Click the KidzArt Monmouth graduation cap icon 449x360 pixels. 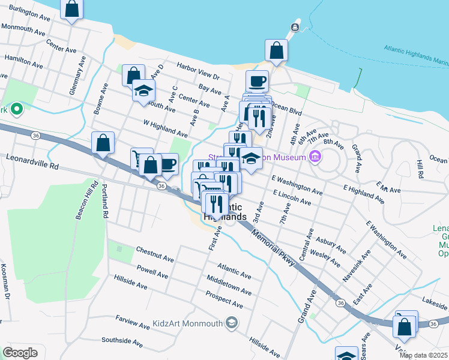tap(231, 323)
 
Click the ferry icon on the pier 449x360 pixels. tap(295, 27)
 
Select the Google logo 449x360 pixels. tap(20, 352)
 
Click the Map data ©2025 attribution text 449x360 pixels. tap(423, 355)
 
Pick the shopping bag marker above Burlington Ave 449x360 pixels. tap(71, 9)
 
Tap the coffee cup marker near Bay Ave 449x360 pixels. tap(257, 80)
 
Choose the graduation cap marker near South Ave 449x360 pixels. tap(143, 91)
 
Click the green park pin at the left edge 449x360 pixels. tap(17, 109)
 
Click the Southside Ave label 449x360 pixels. tap(122, 342)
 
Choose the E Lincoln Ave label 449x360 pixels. tap(292, 198)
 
